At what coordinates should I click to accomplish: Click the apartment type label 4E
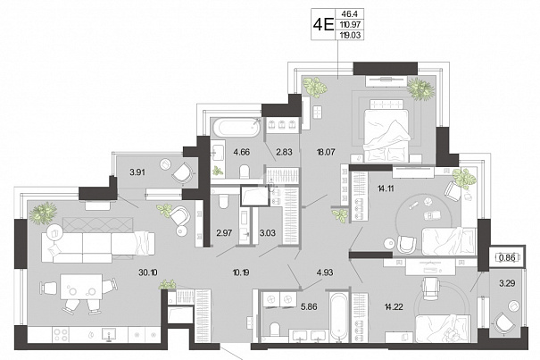[323, 24]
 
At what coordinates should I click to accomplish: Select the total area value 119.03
[352, 35]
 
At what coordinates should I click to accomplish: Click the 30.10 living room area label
[148, 272]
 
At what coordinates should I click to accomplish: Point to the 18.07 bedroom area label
[326, 152]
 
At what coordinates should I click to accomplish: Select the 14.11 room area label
[386, 188]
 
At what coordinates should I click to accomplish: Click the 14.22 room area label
[394, 306]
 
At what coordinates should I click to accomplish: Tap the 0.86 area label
[507, 257]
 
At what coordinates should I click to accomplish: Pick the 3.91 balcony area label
[137, 172]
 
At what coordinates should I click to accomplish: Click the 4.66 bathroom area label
[241, 152]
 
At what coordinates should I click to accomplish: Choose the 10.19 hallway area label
[241, 272]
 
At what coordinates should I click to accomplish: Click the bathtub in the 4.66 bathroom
[237, 128]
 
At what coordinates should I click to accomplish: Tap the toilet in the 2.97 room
[223, 201]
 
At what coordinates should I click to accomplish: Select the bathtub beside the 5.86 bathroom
[339, 318]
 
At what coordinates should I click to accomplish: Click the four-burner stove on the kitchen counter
[61, 334]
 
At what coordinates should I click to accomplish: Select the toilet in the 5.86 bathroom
[275, 329]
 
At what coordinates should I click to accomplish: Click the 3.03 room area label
[267, 233]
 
